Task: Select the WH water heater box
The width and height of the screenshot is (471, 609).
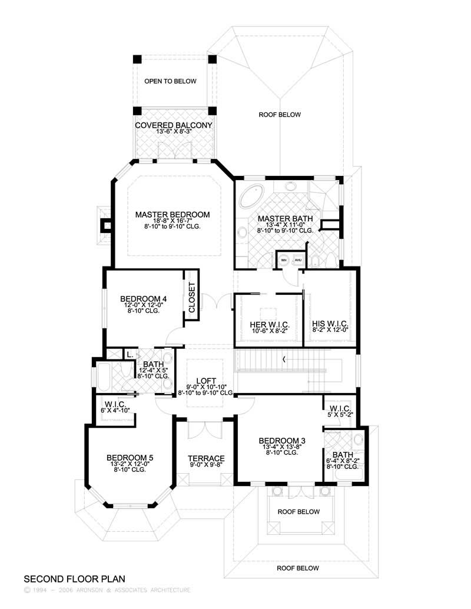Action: (x=284, y=260)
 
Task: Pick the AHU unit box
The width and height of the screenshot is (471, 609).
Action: (x=297, y=260)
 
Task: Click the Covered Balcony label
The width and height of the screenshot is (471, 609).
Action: (x=173, y=125)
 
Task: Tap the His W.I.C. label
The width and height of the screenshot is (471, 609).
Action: (x=330, y=324)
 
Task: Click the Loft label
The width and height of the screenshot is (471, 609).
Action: (x=202, y=380)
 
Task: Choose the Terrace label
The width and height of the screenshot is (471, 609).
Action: (x=206, y=458)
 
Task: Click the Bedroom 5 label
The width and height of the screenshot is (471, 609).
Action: (x=130, y=457)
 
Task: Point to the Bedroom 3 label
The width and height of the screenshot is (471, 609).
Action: (x=280, y=440)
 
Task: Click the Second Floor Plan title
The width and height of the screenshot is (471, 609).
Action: (x=74, y=579)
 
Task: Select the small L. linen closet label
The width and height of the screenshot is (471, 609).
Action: (x=128, y=354)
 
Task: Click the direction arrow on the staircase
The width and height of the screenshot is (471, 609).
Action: (x=284, y=358)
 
